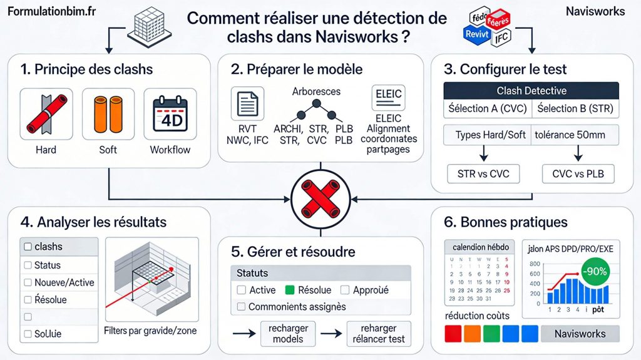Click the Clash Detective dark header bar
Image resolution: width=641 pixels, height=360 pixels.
pyautogui.click(x=531, y=91)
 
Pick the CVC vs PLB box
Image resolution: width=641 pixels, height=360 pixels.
pyautogui.click(x=578, y=173)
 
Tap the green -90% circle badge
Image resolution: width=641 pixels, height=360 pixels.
pyautogui.click(x=594, y=272)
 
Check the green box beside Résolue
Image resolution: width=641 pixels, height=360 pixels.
pyautogui.click(x=289, y=290)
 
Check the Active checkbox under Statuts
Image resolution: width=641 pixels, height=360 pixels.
pyautogui.click(x=242, y=290)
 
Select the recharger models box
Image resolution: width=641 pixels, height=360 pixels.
pyautogui.click(x=288, y=334)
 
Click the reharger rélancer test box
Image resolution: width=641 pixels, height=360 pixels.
pyautogui.click(x=379, y=334)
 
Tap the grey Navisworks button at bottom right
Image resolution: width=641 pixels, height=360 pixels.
pyautogui.click(x=580, y=334)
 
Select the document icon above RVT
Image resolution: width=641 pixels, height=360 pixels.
pyautogui.click(x=247, y=103)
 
